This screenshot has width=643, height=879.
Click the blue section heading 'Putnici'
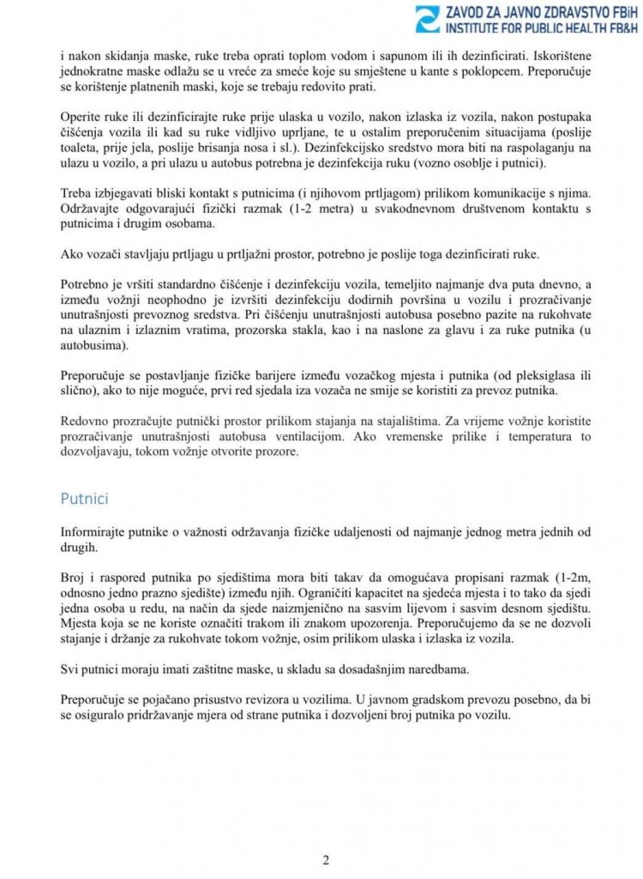(x=84, y=498)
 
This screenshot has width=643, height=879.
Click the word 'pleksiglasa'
(x=552, y=375)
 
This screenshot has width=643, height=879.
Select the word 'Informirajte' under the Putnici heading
(x=99, y=532)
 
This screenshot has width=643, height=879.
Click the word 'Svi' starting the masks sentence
(x=71, y=669)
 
